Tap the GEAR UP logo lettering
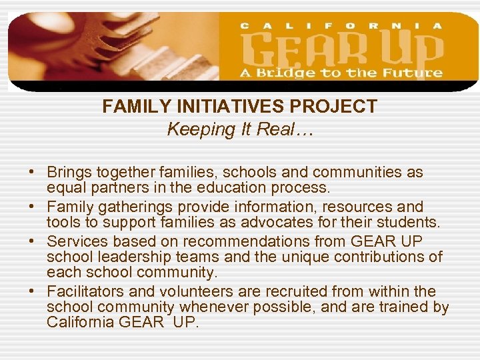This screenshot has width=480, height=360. coord(341,49)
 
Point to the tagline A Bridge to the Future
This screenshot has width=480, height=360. coord(341,73)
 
